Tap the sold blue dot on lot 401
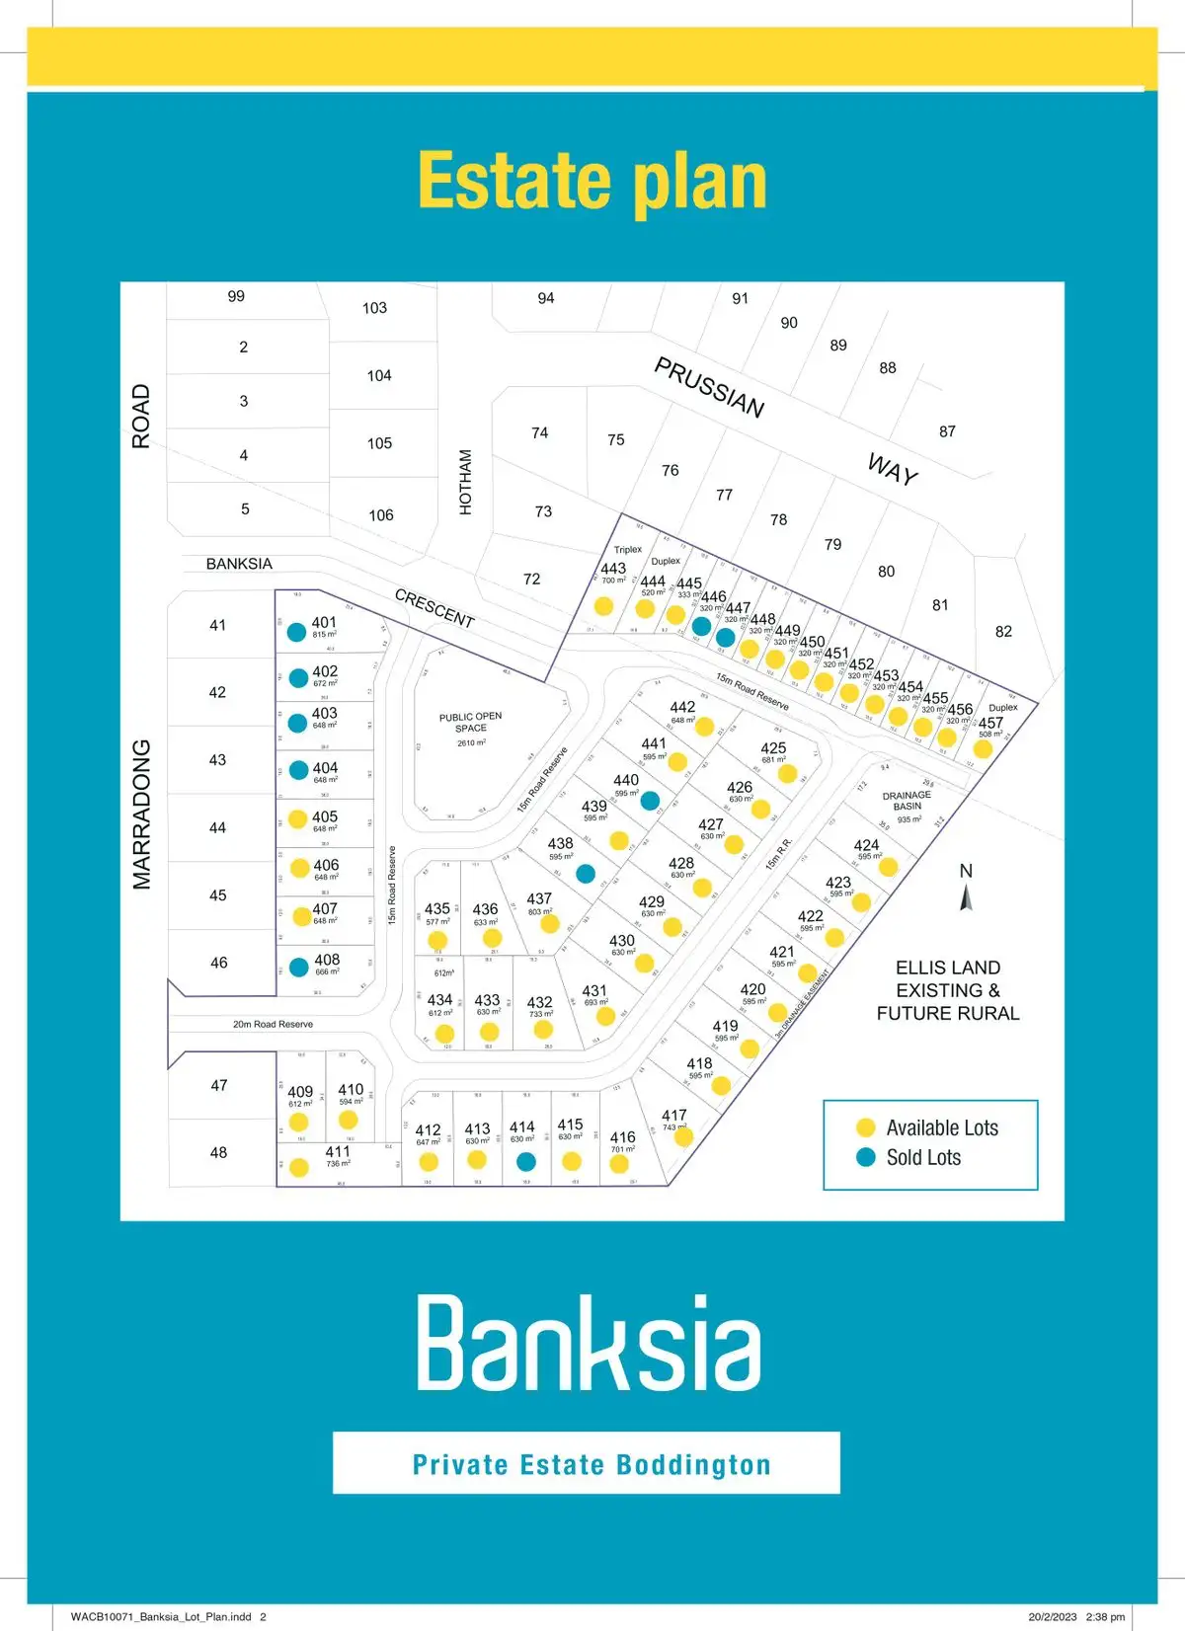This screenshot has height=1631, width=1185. [x=296, y=633]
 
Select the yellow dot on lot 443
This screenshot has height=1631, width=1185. [x=603, y=605]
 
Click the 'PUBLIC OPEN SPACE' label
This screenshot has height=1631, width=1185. [x=471, y=723]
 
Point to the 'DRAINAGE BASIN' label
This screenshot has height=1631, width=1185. [x=907, y=801]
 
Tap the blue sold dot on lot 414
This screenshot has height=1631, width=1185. [x=526, y=1161]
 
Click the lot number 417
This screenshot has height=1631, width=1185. [x=674, y=1115]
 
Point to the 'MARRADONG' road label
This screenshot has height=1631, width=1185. [x=142, y=815]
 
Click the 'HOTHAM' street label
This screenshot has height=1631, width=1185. [x=466, y=482]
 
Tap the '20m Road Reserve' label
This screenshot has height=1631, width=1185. [x=273, y=1024]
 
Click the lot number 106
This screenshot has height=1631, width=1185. [x=381, y=515]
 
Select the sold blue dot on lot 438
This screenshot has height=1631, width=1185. [x=586, y=873]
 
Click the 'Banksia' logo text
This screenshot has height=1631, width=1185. [x=590, y=1345]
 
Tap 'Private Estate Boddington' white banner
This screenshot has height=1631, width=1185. [x=587, y=1463]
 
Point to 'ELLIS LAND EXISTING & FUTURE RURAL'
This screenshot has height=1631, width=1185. [x=947, y=990]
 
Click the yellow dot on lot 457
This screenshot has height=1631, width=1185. [x=983, y=748]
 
